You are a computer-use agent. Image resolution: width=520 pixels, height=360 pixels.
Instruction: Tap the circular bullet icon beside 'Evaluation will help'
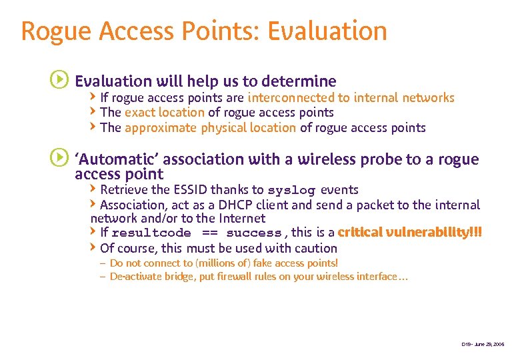(x=59, y=81)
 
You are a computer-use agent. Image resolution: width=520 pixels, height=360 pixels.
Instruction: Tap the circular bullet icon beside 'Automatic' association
(x=59, y=159)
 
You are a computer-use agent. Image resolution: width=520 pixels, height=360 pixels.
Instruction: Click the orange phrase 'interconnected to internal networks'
(x=351, y=98)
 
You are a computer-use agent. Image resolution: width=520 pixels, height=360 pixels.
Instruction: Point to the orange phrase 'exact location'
(x=164, y=113)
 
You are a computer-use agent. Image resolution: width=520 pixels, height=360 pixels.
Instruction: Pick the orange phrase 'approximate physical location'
(x=210, y=127)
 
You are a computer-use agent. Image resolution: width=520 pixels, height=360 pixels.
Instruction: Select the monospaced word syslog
(x=292, y=191)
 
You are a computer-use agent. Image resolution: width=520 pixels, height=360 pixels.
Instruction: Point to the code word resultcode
(x=151, y=233)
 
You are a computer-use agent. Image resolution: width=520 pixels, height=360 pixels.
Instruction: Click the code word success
(x=253, y=233)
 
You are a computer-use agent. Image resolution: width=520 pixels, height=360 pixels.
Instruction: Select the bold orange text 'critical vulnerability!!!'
(x=409, y=233)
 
